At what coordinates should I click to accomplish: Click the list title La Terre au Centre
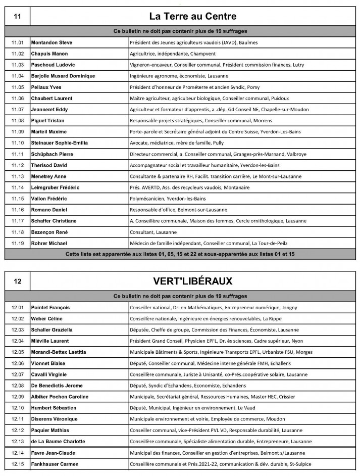point(193,17)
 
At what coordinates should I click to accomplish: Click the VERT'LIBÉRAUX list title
point(193,281)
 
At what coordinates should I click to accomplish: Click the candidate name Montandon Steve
point(52,42)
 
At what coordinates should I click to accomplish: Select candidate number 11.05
point(18,87)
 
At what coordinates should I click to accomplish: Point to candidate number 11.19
point(18,243)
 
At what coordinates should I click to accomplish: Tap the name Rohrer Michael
point(50,243)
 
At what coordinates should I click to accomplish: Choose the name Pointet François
point(50,307)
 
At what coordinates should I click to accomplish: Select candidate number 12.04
point(18,341)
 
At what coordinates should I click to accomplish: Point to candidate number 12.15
point(18,463)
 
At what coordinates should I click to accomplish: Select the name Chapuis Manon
point(49,54)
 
